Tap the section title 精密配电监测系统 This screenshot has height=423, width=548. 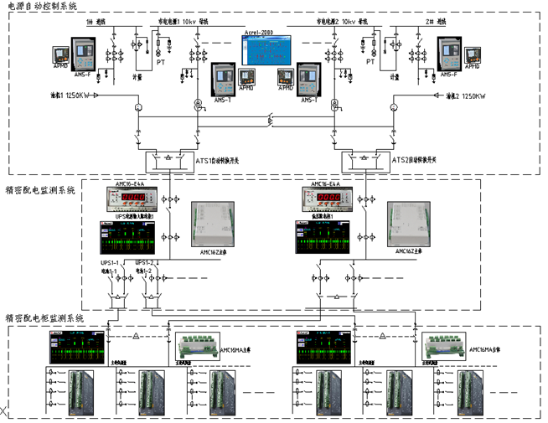pos(40,190)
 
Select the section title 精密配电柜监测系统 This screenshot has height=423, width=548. pos(44,318)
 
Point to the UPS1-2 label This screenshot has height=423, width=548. pos(144,263)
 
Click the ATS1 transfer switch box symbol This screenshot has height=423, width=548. pos(168,159)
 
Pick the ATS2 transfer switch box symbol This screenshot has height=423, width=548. pos(366,159)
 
